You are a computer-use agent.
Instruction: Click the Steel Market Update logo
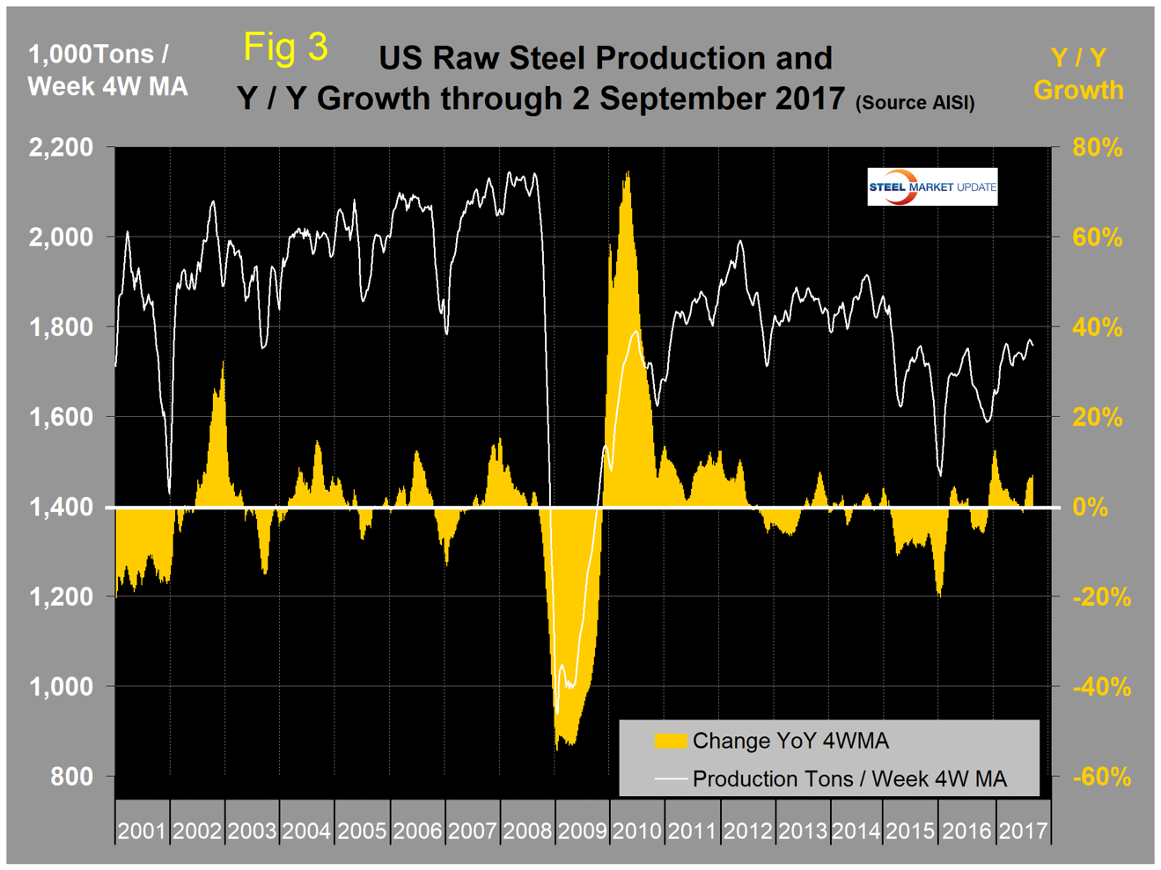[x=932, y=186]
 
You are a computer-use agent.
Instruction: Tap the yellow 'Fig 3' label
[x=285, y=47]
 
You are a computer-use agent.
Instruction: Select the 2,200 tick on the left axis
[x=61, y=147]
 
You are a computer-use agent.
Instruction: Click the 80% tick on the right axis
[x=1097, y=148]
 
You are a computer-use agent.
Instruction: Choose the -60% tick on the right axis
[x=1101, y=777]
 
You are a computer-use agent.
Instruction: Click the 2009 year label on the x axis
[x=582, y=830]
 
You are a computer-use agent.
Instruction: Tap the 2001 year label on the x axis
[x=142, y=830]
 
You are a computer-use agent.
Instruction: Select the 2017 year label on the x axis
[x=1022, y=830]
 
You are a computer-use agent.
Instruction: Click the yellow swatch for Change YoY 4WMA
[x=670, y=741]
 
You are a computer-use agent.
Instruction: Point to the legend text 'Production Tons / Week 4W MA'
[x=849, y=779]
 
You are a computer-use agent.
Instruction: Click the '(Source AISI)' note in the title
[x=915, y=103]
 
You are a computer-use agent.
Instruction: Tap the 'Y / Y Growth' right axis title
[x=1078, y=74]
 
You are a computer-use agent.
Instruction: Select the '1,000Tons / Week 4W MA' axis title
[x=107, y=70]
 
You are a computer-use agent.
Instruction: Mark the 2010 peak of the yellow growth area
[x=627, y=172]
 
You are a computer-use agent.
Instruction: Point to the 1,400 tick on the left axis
[x=61, y=508]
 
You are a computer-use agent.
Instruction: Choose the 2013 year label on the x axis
[x=802, y=830]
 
